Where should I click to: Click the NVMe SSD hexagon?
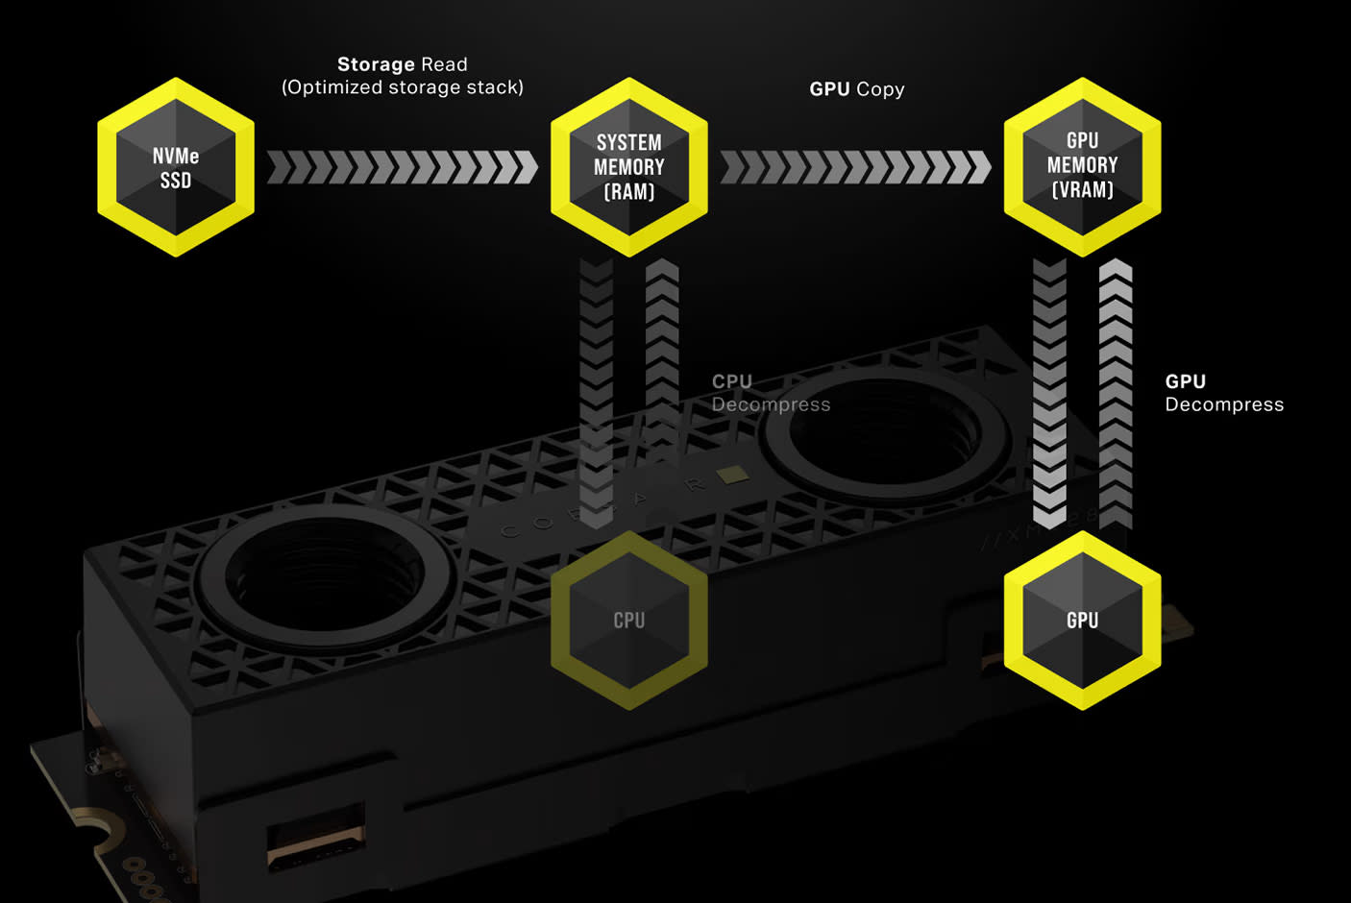(176, 167)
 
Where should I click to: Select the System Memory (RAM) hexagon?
(629, 167)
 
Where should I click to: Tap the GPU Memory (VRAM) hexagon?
(1083, 167)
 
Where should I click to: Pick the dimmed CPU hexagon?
(629, 621)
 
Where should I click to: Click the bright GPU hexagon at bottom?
(1083, 621)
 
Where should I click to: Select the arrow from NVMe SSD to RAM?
(402, 167)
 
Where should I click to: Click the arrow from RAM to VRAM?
(855, 167)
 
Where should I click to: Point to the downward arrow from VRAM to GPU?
(1049, 394)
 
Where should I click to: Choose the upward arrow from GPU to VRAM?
(1116, 394)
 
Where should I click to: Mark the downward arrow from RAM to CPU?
(597, 394)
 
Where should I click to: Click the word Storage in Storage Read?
(376, 64)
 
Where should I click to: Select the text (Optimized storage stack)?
(403, 87)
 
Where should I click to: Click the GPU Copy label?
(857, 89)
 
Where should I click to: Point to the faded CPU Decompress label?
(771, 393)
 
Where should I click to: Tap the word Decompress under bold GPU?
(1224, 404)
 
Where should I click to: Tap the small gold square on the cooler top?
(734, 475)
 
